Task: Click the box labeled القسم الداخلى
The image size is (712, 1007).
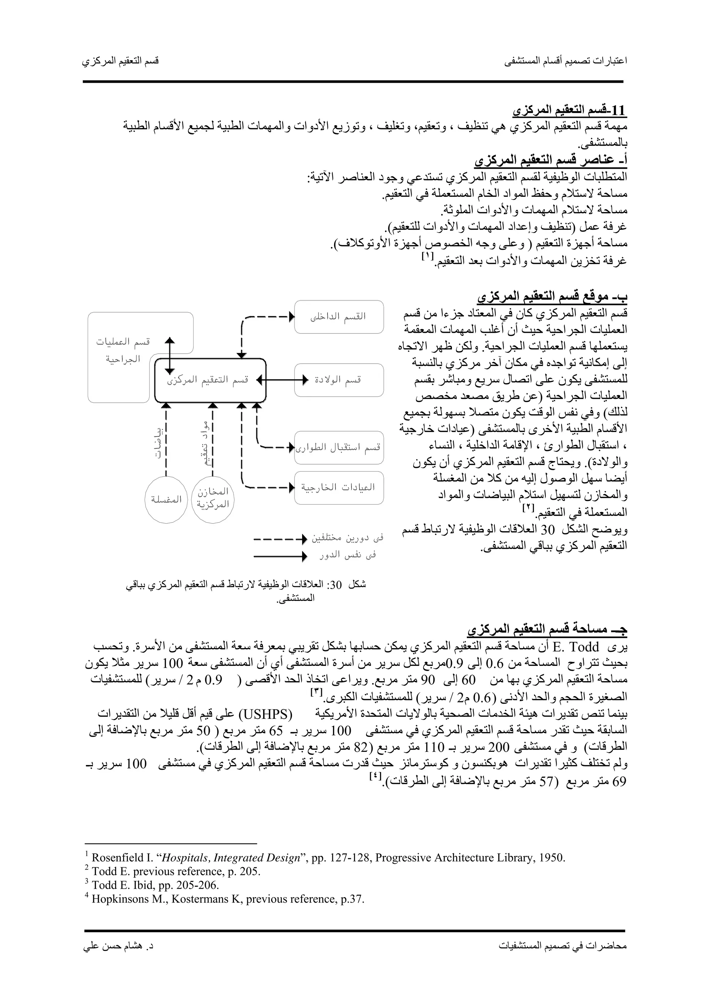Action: (x=339, y=317)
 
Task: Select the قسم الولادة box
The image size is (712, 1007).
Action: (x=339, y=380)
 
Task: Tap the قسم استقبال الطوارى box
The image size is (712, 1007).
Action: (x=339, y=448)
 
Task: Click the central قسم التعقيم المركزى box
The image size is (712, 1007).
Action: (x=210, y=380)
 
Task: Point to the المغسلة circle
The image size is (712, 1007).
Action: (x=166, y=500)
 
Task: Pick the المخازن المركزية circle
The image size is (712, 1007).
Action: (x=213, y=500)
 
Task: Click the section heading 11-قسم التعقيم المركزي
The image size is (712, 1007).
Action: (x=569, y=110)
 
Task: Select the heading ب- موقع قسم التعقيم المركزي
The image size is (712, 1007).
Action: (x=552, y=297)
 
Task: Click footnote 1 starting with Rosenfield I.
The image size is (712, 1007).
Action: (x=328, y=858)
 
